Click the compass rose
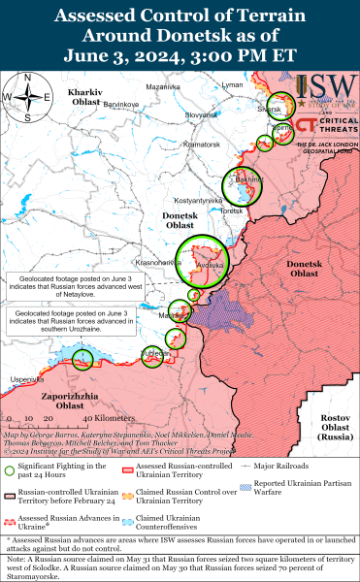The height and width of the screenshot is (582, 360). click(29, 97)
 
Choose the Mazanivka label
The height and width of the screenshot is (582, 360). click(164, 86)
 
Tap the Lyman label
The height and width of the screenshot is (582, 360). click(233, 85)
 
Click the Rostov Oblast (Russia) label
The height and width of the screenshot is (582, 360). click(334, 426)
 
